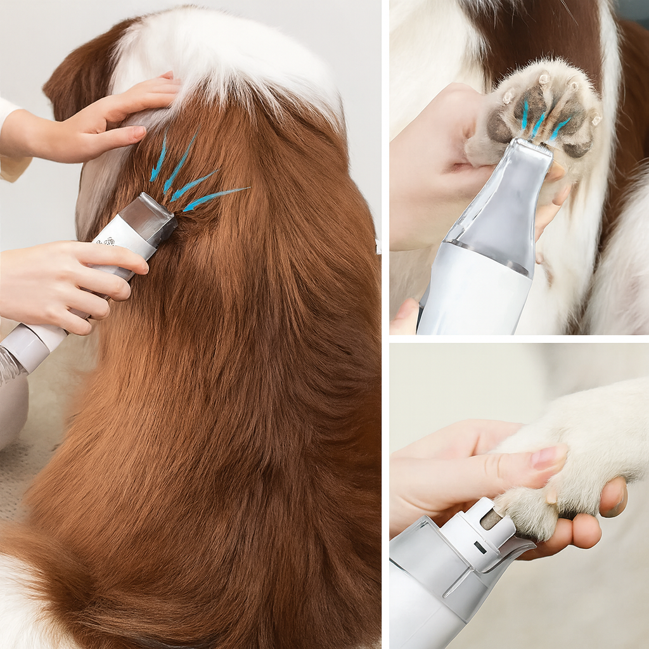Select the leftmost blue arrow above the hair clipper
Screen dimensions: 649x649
158,158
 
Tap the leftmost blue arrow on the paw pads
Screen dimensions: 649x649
525,115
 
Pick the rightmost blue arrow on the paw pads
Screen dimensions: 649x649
559,129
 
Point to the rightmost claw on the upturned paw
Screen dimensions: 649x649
594,119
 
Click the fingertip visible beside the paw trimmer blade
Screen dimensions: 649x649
556,171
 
